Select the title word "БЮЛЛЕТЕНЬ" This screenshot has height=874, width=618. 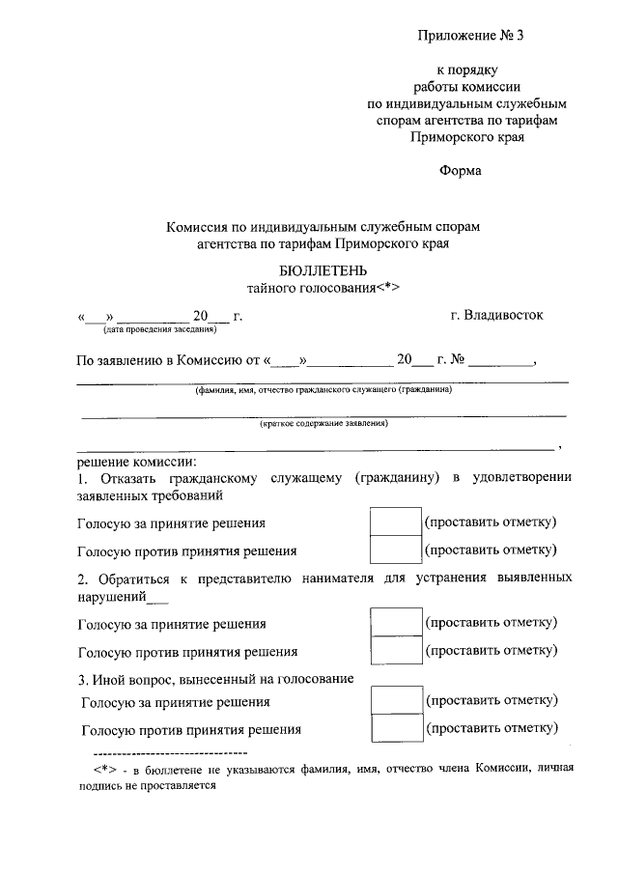tap(323, 270)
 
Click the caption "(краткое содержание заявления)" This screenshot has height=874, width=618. tap(323, 423)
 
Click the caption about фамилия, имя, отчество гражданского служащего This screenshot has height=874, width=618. tap(323, 390)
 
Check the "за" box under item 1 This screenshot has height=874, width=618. tap(396, 522)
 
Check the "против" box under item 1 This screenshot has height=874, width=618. tap(396, 550)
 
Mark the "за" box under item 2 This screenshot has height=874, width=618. tap(396, 622)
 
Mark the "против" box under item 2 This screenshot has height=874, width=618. tap(396, 650)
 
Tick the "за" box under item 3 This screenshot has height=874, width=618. tap(396, 699)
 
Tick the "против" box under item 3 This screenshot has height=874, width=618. tap(396, 728)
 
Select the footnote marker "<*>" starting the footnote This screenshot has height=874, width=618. tap(106, 769)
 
